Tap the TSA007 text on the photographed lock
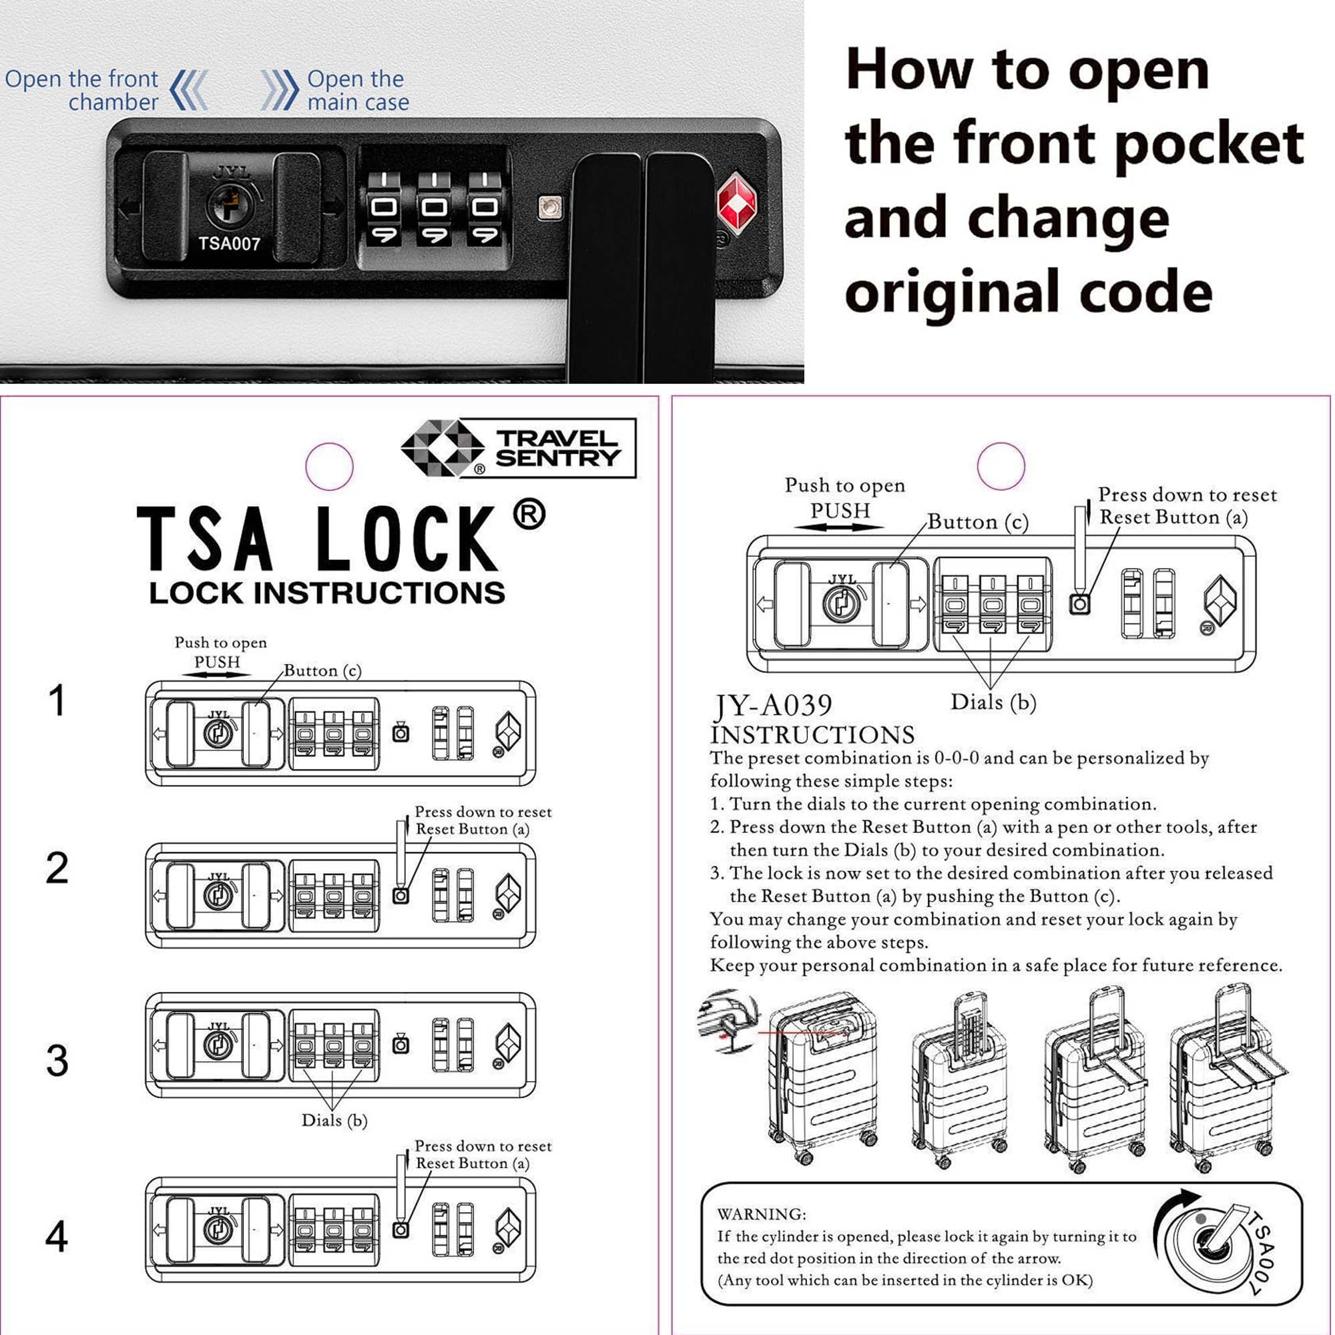point(229,243)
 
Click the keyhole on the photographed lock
point(229,204)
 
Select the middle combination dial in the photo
point(434,208)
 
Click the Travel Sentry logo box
point(518,448)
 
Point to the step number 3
point(57,1060)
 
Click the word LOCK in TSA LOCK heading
point(407,539)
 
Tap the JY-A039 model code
point(773,706)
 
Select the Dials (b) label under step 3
point(334,1120)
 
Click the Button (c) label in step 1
point(322,670)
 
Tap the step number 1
point(57,700)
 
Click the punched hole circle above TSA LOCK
point(330,467)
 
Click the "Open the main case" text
point(358,91)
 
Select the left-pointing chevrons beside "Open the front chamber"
point(189,90)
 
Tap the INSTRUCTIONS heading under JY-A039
point(812,734)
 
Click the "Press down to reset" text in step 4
point(483,1145)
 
